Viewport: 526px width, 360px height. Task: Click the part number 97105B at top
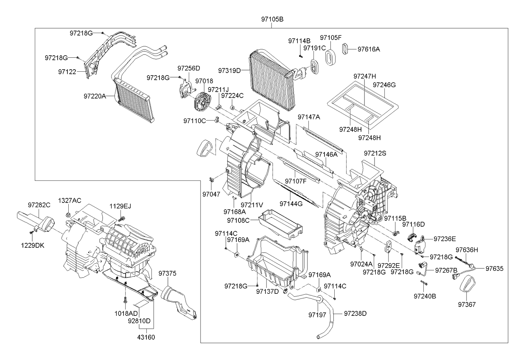[272, 20]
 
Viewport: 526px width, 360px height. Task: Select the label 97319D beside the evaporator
[229, 70]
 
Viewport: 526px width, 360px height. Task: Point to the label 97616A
[369, 49]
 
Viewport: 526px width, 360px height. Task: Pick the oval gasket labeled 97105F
[331, 57]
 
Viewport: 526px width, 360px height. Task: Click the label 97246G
[384, 85]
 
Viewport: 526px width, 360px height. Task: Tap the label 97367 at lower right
[467, 304]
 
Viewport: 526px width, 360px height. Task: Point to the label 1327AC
[70, 200]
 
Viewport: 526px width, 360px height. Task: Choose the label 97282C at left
[39, 205]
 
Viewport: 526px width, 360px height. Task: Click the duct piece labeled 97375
[178, 301]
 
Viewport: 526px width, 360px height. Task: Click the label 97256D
[189, 68]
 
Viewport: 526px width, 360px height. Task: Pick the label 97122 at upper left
[67, 72]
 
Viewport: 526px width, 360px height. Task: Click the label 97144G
[291, 204]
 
